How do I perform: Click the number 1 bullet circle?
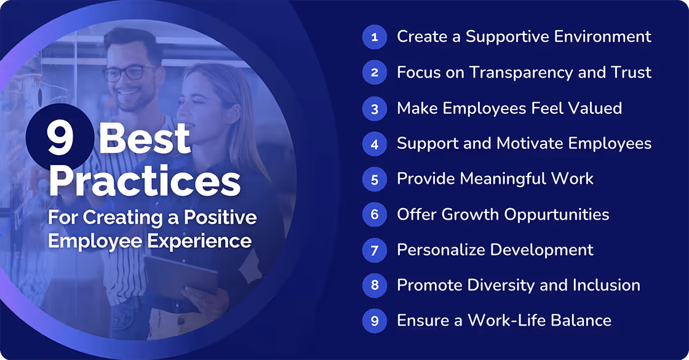point(374,37)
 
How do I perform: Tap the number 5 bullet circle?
point(374,179)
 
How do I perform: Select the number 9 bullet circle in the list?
point(374,321)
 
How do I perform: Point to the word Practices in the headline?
point(145,181)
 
